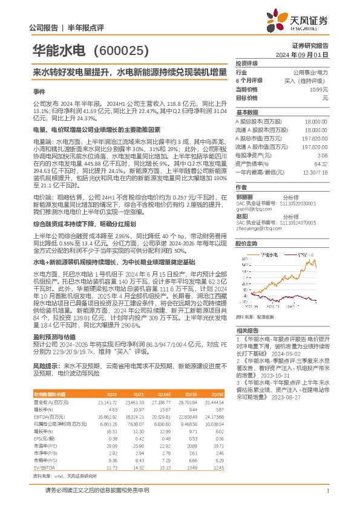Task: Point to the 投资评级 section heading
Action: (x=247, y=63)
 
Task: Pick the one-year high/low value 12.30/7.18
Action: (x=316, y=173)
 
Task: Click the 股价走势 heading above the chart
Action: (x=247, y=227)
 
